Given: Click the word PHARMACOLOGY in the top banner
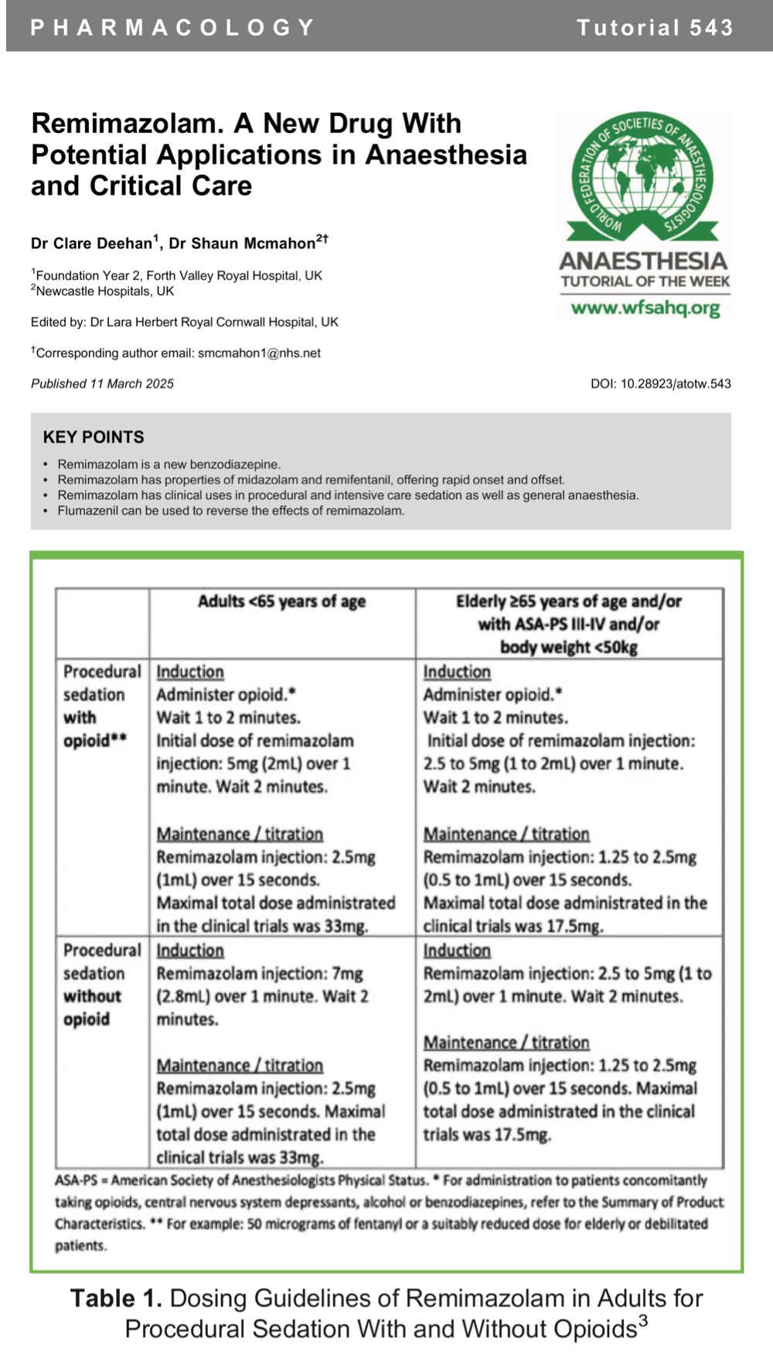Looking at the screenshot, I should click(172, 28).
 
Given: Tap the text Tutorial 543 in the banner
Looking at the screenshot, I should click(654, 28).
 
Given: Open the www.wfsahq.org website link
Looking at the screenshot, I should click(645, 308).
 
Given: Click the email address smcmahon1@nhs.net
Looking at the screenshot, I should click(259, 353).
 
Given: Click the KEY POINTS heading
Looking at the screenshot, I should click(94, 437).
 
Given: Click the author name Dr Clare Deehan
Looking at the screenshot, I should click(91, 244).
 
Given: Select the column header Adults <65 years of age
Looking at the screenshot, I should click(281, 602).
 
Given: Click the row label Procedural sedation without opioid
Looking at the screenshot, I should click(94, 985).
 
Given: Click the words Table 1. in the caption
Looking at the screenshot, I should click(116, 1298).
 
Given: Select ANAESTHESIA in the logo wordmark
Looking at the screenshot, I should click(644, 261).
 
